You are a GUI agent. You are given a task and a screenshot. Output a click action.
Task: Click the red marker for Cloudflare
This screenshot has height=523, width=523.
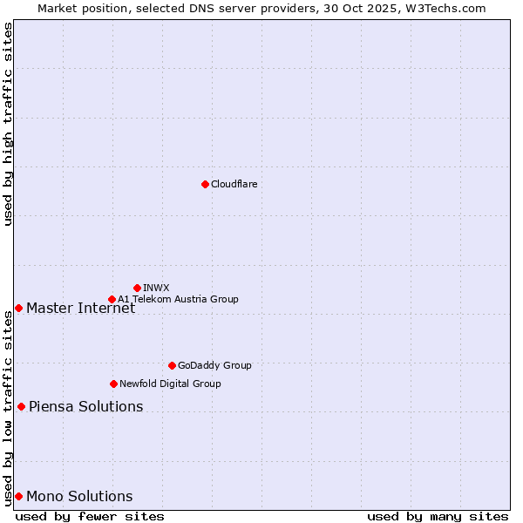205,184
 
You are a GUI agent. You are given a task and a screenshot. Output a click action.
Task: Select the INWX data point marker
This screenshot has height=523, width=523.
137,288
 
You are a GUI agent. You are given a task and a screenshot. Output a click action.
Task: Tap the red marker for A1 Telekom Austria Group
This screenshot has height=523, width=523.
112,299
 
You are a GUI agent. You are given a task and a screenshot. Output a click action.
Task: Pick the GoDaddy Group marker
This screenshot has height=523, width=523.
172,365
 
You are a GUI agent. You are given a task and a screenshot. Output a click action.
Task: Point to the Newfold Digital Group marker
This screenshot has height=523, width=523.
113,384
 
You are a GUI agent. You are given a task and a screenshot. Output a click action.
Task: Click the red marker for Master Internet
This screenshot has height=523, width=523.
18,308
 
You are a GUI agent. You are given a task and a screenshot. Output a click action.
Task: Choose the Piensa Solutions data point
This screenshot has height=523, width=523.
21,406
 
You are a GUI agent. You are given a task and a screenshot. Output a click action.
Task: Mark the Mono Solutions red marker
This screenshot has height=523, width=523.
18,496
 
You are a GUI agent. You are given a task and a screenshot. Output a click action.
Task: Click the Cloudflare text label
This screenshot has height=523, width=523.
234,184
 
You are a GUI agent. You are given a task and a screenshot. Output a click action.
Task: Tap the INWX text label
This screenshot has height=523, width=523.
156,288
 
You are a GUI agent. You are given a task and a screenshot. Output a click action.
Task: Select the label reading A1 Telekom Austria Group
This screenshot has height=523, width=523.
178,299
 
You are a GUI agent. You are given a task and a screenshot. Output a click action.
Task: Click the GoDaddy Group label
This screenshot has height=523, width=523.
214,365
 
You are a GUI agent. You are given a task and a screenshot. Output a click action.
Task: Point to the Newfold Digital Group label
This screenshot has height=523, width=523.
170,384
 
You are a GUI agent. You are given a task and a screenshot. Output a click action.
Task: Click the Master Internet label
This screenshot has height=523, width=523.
80,308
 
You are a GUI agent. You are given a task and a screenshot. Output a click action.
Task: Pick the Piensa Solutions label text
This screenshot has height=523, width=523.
85,406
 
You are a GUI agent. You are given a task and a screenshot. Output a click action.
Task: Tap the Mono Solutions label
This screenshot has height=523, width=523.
79,496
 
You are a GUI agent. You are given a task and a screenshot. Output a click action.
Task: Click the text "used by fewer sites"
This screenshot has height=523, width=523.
90,516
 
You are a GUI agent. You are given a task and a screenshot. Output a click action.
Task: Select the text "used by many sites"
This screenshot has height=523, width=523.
438,516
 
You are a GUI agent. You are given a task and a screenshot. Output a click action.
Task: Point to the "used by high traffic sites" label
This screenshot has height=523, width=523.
8,124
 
